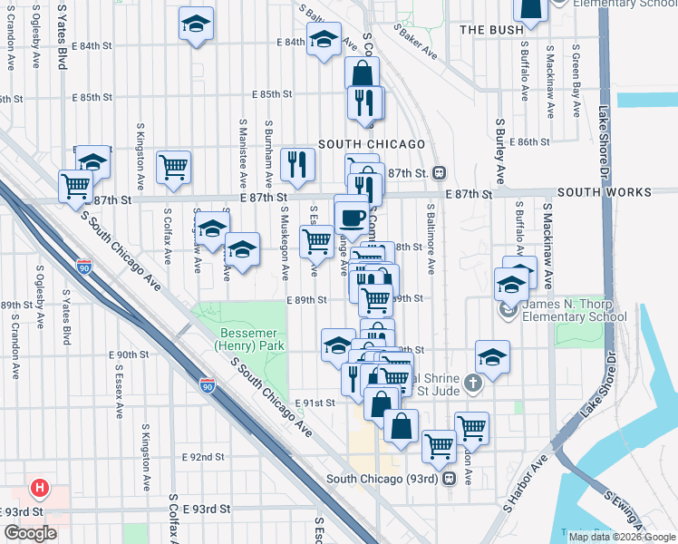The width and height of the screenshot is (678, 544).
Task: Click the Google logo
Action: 30,533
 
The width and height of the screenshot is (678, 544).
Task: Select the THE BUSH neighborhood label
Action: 491,30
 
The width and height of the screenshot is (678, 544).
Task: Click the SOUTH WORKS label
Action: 604,192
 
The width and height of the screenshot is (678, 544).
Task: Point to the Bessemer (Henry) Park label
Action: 249,339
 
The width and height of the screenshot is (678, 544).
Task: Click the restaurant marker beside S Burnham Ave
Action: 297,164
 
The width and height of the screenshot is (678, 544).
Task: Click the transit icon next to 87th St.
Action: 439,172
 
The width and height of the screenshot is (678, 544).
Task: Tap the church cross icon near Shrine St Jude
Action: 470,384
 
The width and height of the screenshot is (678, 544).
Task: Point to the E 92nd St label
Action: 203,458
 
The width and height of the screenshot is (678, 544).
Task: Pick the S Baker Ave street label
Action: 415,42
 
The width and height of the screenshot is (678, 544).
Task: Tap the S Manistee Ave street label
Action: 243,145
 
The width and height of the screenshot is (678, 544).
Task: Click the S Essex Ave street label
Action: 119,390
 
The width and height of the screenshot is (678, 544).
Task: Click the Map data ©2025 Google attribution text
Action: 623,537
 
